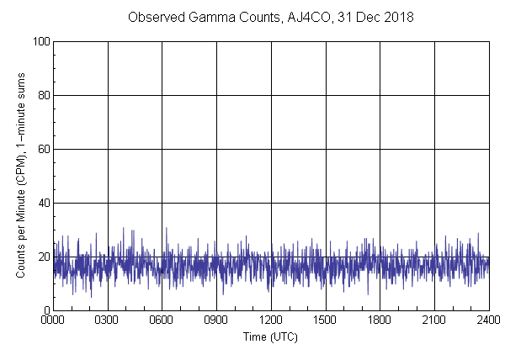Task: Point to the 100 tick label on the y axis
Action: (x=40, y=41)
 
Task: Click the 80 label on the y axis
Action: (x=42, y=95)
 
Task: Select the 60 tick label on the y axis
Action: (x=42, y=149)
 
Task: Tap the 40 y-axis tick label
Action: (x=42, y=203)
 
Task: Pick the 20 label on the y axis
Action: (x=42, y=257)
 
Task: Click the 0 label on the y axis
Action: (x=45, y=310)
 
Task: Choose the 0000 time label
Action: (x=53, y=321)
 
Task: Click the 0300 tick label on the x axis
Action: (x=108, y=321)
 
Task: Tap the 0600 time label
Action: (x=162, y=321)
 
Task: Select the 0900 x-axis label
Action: (x=216, y=321)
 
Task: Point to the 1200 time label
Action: (x=271, y=321)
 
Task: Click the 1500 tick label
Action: (x=326, y=321)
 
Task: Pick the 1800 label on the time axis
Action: (x=380, y=321)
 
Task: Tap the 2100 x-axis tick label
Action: (x=434, y=321)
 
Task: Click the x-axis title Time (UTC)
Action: (x=270, y=336)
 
